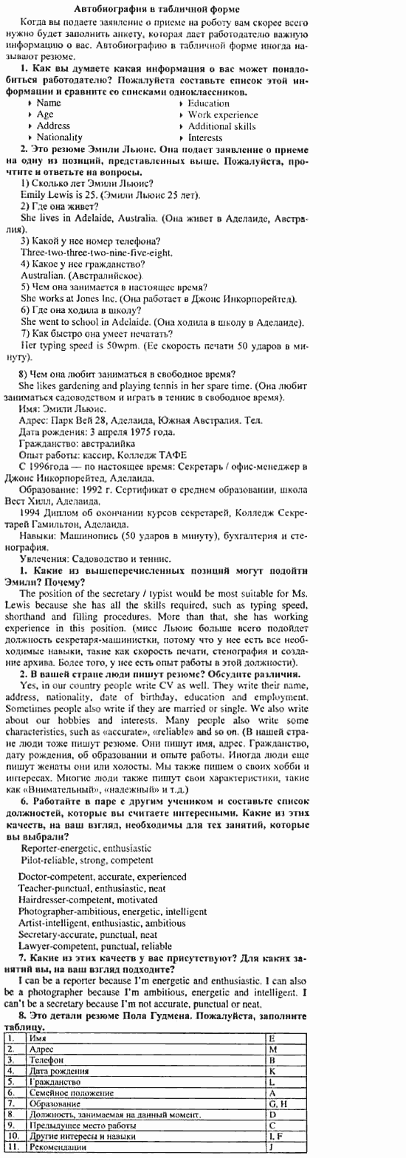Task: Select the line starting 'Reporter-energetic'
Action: pyautogui.click(x=86, y=849)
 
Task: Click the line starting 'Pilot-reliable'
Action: pyautogui.click(x=87, y=860)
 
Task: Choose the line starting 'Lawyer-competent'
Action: pyautogui.click(x=94, y=946)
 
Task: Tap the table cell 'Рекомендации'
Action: pyautogui.click(x=57, y=1147)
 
